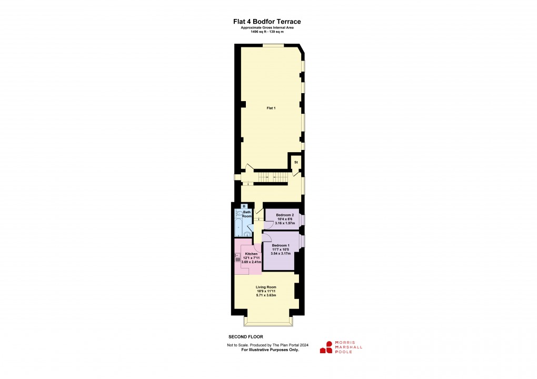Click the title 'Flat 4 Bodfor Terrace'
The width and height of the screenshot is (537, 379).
267,22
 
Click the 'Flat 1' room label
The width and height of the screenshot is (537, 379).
271,108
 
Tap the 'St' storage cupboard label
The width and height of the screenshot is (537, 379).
296,162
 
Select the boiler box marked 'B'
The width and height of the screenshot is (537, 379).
244,206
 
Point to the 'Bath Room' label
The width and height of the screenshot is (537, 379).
247,214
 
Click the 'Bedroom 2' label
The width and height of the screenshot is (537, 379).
285,215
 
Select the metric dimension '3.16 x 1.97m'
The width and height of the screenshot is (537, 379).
285,223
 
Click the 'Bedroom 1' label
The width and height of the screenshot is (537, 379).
281,245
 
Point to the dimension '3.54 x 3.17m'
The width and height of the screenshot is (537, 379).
281,254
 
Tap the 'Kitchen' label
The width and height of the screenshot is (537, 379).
251,254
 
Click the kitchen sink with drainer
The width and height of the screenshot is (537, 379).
237,257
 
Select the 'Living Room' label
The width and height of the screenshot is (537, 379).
266,287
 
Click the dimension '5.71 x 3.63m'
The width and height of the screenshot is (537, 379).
266,295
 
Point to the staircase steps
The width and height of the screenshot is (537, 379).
272,177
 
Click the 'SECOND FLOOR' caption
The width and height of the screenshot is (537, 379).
246,337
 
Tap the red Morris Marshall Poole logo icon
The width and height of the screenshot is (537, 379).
326,347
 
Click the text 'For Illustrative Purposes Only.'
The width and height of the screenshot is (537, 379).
270,350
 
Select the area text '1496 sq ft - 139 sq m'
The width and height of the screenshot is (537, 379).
267,32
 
